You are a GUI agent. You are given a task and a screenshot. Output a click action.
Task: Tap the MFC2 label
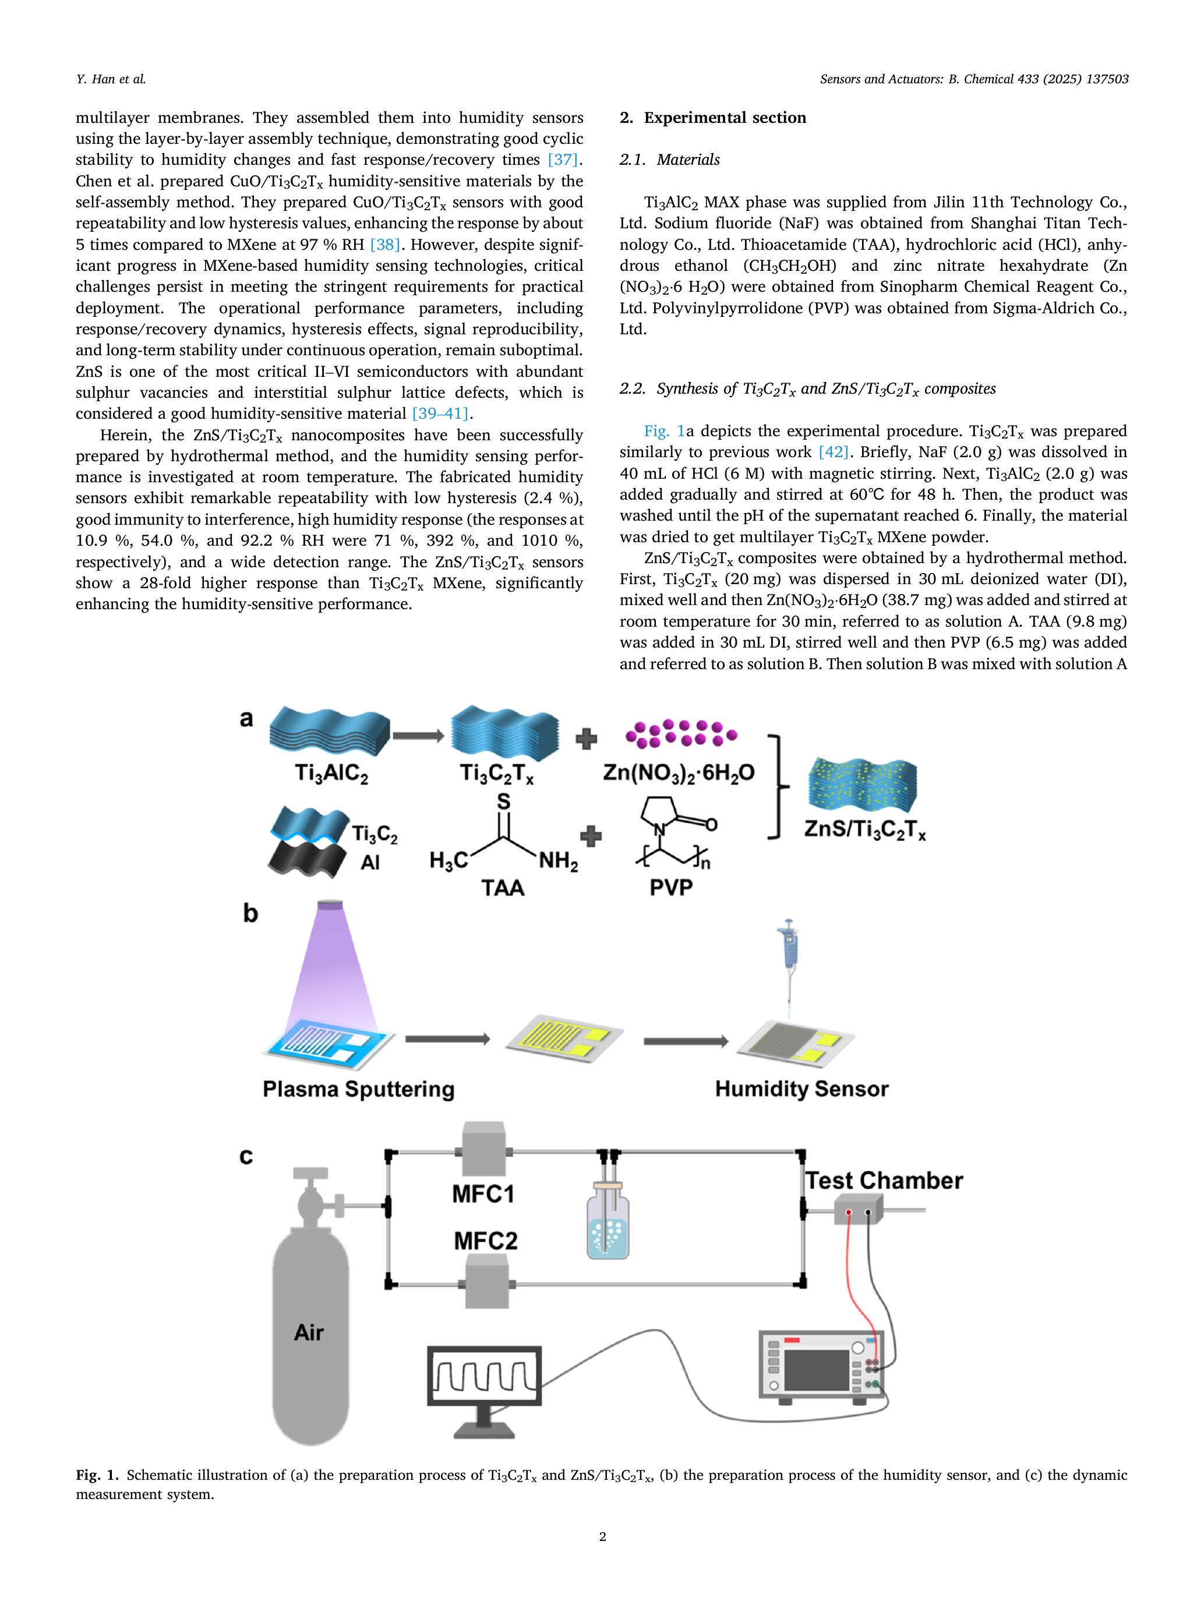pyautogui.click(x=486, y=1241)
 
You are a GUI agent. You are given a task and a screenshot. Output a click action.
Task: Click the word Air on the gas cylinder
pyautogui.click(x=309, y=1332)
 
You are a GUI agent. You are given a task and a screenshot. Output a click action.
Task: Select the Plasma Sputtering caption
pyautogui.click(x=358, y=1089)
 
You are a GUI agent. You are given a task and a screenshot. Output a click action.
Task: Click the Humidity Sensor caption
pyautogui.click(x=802, y=1089)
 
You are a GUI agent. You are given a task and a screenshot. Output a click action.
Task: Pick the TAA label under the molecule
pyautogui.click(x=503, y=888)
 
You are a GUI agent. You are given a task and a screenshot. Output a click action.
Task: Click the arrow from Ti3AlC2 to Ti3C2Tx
pyautogui.click(x=419, y=736)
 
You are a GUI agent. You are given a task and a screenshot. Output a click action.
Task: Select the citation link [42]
pyautogui.click(x=833, y=452)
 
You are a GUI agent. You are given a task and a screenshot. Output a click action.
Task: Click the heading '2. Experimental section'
pyautogui.click(x=713, y=118)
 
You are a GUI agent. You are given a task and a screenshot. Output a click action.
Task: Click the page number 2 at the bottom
pyautogui.click(x=602, y=1536)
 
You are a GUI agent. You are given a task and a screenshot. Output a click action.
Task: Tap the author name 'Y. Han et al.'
pyautogui.click(x=111, y=79)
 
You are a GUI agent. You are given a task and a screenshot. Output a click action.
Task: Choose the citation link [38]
pyautogui.click(x=384, y=245)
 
